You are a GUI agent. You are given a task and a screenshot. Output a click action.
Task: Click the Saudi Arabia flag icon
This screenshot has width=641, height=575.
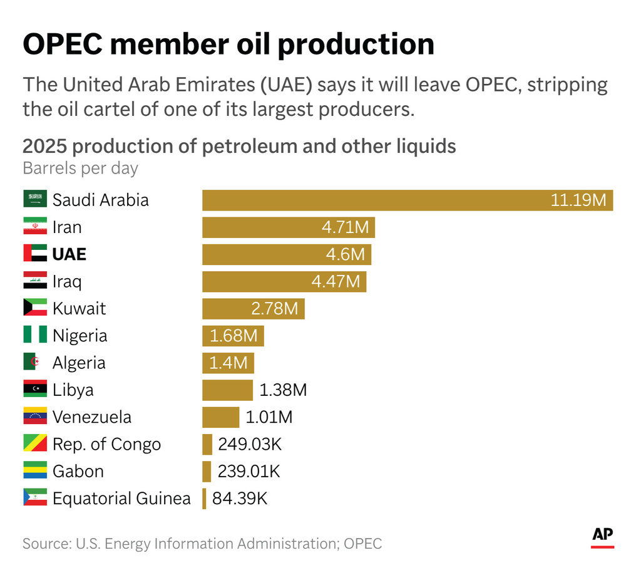click(x=35, y=200)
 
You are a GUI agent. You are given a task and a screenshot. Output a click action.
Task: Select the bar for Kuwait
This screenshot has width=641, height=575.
click(x=253, y=309)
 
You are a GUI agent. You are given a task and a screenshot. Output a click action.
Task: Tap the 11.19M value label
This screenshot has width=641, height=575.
click(x=578, y=200)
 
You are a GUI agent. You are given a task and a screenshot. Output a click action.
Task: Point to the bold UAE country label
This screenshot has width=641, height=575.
click(x=69, y=254)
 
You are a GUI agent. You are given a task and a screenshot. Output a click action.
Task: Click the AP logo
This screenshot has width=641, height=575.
click(x=602, y=536)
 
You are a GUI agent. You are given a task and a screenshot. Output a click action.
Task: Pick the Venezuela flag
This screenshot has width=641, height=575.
click(x=35, y=417)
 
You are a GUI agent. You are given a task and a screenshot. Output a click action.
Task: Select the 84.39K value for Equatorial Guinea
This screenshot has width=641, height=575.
click(x=240, y=499)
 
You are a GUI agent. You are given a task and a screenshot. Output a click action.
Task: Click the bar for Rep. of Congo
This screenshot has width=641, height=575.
click(x=207, y=445)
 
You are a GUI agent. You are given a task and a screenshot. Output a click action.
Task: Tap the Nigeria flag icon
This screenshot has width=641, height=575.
click(x=35, y=336)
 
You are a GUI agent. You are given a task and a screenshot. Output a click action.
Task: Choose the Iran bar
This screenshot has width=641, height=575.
click(x=288, y=227)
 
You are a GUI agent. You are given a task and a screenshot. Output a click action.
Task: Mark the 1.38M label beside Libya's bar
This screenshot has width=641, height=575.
click(x=283, y=390)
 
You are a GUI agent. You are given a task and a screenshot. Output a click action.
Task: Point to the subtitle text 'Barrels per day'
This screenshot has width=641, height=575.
click(x=80, y=168)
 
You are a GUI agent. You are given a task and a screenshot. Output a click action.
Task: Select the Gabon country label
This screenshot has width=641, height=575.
click(x=78, y=471)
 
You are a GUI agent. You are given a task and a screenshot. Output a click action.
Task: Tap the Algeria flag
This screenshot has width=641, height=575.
click(x=35, y=363)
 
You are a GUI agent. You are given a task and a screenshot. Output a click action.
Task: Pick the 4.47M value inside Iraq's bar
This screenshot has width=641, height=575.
click(x=336, y=282)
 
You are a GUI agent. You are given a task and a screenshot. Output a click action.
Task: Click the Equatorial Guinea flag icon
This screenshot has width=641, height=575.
click(x=35, y=499)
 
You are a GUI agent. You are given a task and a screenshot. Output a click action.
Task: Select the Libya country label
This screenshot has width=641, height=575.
click(x=73, y=390)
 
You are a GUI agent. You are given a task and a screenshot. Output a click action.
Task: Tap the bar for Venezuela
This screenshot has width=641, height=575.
click(x=220, y=417)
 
